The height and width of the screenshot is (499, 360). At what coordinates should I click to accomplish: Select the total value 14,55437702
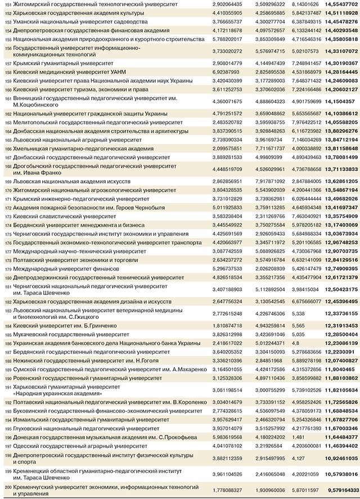(x=337, y=4)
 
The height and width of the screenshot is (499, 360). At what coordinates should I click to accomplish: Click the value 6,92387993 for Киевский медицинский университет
(x=228, y=73)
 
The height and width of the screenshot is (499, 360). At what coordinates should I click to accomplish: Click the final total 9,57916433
(x=337, y=489)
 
